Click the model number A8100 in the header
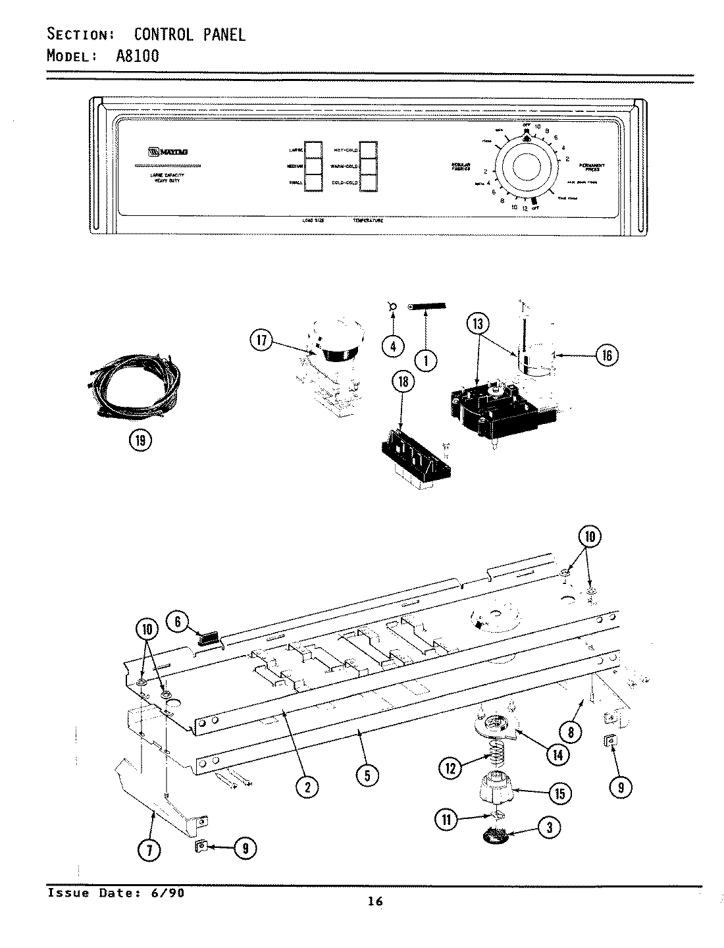coord(138,56)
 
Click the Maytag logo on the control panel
coord(168,151)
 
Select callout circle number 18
coord(403,382)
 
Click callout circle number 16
coord(607,355)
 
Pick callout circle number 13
coord(478,324)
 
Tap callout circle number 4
coord(393,346)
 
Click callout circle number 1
coord(427,359)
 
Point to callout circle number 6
coord(177,620)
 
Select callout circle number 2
coord(307,786)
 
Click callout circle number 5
coord(367,776)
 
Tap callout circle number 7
coord(149,850)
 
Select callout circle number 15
coord(559,793)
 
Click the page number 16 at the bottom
coord(375,901)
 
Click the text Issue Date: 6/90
coord(116,893)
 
